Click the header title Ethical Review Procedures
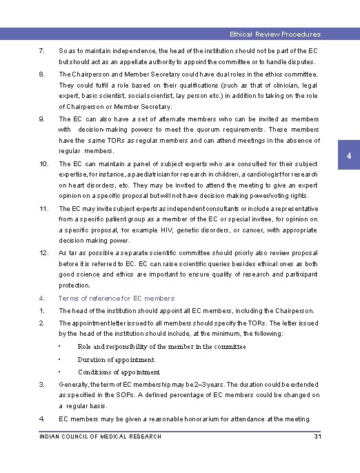275,34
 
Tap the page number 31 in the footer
317,436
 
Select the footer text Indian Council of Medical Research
101,436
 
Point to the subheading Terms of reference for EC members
117,299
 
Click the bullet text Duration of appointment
116,359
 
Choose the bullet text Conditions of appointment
119,372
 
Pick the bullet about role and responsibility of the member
161,346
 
